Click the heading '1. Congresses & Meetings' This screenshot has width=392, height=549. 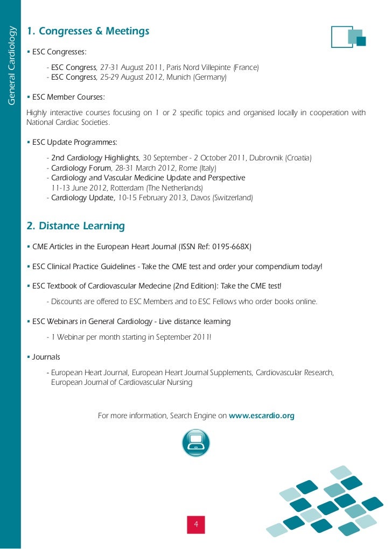pos(88,31)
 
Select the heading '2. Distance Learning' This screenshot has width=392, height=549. pos(75,226)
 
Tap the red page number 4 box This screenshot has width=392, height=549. pos(196,524)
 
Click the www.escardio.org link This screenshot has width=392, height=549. pos(262,416)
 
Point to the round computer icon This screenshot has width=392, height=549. pos(195,443)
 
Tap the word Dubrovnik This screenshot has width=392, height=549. pos(266,158)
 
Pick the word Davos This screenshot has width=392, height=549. pos(199,198)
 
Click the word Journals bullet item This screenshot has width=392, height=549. pos(46,357)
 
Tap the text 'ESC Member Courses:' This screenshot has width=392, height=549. pos(68,97)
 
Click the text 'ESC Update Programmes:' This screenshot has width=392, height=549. pos(74,142)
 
